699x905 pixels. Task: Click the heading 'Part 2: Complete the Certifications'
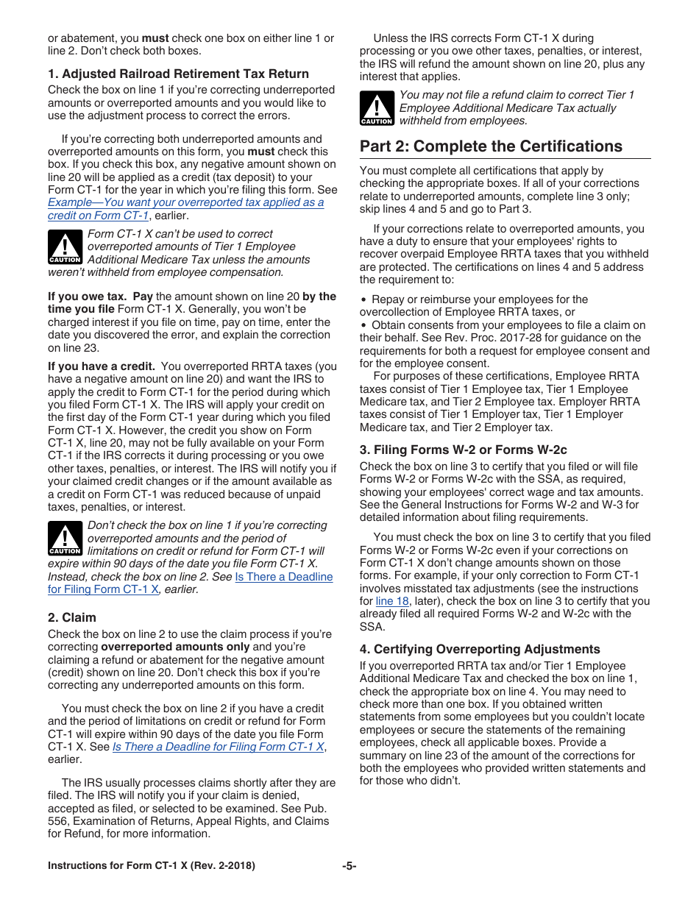pos(491,146)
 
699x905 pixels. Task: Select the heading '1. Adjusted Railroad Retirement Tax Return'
pos(178,74)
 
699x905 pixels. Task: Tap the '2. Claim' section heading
pos(72,617)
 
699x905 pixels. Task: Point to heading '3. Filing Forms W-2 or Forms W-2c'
pos(463,450)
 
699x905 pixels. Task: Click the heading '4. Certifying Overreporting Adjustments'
pos(479,649)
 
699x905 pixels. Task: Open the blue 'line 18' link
pos(391,601)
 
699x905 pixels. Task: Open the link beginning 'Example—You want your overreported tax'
pos(185,202)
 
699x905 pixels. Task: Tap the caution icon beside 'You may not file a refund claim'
pos(376,108)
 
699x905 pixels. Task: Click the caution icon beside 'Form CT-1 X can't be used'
pos(65,247)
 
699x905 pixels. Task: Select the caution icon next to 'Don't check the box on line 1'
pos(65,539)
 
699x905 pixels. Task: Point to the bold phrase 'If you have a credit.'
pos(101,366)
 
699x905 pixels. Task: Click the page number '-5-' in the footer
pos(349,866)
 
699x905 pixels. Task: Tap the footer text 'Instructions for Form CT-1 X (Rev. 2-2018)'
pos(152,866)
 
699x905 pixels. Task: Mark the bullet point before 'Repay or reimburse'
pos(363,300)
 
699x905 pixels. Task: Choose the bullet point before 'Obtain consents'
pos(363,325)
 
